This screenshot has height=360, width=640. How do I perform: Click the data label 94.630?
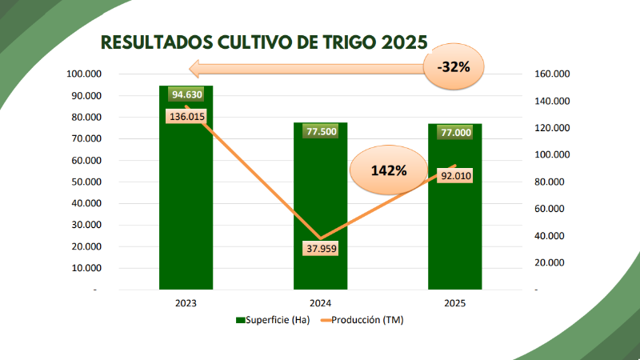click(x=186, y=94)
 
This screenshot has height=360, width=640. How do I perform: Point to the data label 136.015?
click(x=186, y=116)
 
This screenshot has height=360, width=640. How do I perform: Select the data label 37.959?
click(x=320, y=249)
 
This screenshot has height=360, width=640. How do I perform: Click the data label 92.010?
click(x=454, y=176)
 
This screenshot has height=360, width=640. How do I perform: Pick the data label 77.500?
click(x=320, y=131)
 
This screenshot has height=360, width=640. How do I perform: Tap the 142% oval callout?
click(x=390, y=170)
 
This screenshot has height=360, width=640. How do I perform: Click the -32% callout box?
click(x=454, y=66)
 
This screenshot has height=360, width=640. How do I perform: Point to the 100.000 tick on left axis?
click(x=83, y=74)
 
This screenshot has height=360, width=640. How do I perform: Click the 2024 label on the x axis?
click(x=320, y=304)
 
